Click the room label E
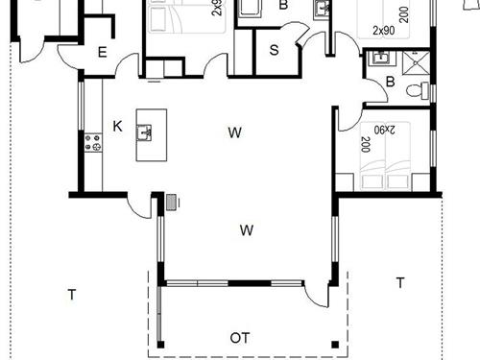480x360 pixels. [103, 53]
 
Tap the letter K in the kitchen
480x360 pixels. [117, 126]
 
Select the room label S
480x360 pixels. [274, 50]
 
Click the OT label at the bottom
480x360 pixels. [241, 338]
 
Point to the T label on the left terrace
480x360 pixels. [71, 294]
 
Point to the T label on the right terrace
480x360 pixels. [400, 282]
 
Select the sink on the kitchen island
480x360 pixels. [146, 132]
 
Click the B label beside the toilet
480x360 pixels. [391, 83]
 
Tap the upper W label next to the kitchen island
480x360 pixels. [234, 132]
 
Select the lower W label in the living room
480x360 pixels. [247, 230]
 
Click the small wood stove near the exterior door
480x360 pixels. [172, 202]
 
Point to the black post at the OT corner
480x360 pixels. [335, 344]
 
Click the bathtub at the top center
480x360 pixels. [251, 9]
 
